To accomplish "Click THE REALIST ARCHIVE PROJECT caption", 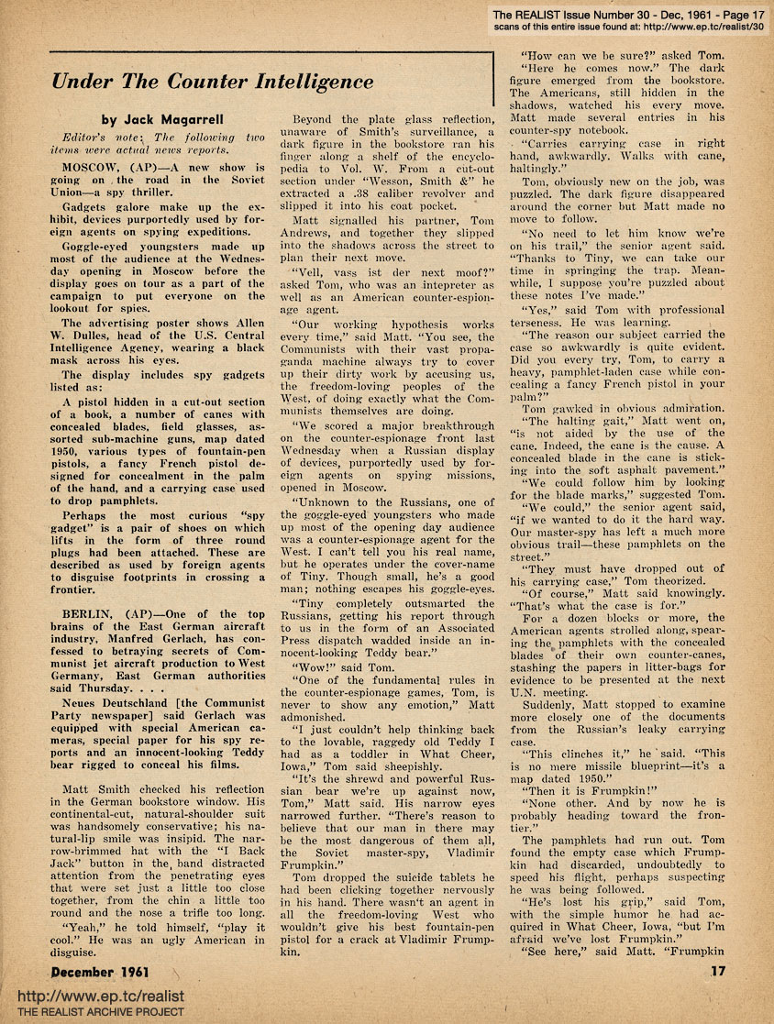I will [x=94, y=1012].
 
